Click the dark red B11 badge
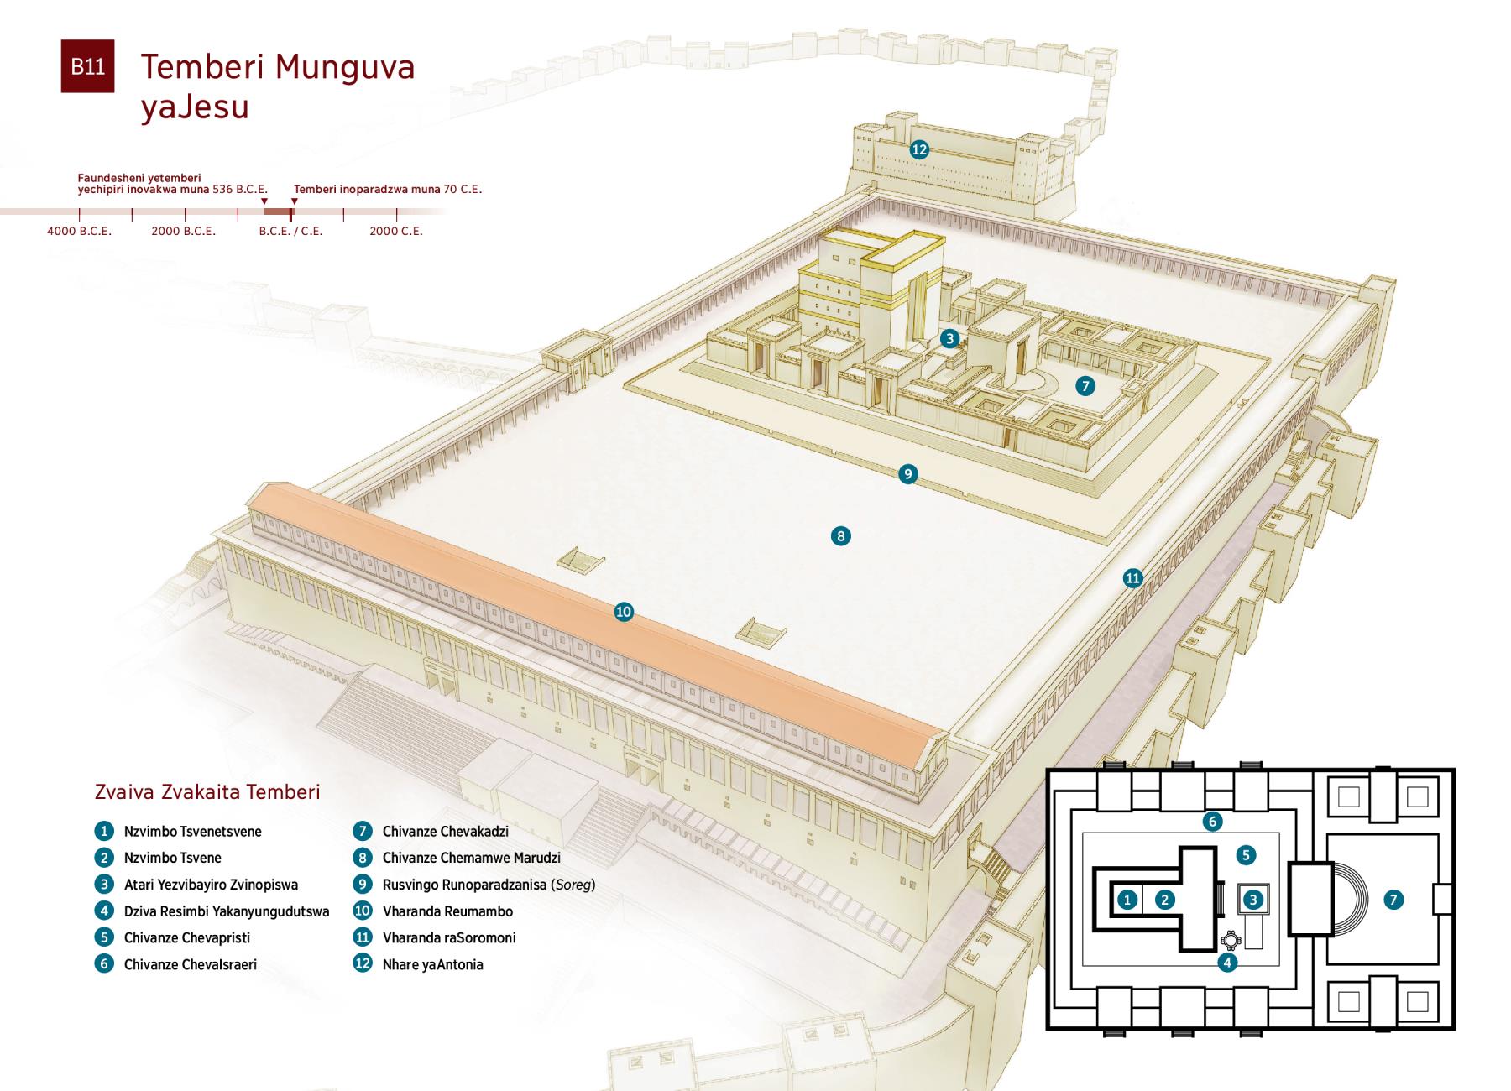(87, 66)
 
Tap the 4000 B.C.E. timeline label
(79, 231)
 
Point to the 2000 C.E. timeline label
(396, 231)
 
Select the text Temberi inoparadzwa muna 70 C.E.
(387, 190)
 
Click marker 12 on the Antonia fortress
(919, 149)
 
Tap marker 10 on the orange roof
(623, 612)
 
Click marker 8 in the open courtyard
(840, 535)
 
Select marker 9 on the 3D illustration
(907, 474)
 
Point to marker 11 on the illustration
(1133, 577)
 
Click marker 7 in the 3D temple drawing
(1085, 386)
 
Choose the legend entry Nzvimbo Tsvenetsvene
(192, 832)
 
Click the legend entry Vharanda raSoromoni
(448, 937)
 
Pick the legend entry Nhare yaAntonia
(432, 964)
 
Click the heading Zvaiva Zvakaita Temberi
(207, 791)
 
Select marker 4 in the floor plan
(1227, 962)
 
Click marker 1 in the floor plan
(1127, 900)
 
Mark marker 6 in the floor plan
(1211, 821)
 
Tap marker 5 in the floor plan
(1246, 855)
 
